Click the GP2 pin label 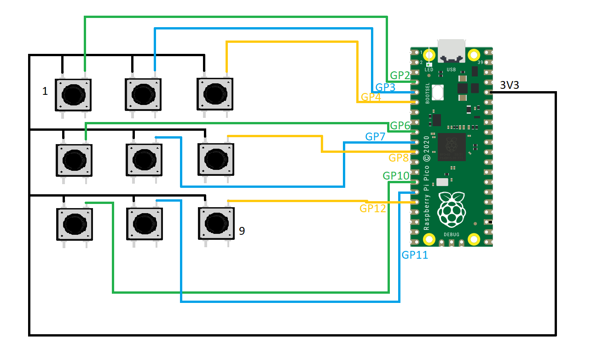click(400, 75)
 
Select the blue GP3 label click(385, 87)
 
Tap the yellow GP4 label click(371, 97)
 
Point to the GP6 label click(400, 126)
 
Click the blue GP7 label click(375, 137)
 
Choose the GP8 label click(399, 158)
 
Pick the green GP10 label click(395, 176)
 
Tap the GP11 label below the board click(415, 255)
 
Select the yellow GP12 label click(373, 208)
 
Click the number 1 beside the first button click(45, 92)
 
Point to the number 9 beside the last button click(242, 231)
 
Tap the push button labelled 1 click(73, 95)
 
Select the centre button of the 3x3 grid click(144, 160)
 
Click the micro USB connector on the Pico click(452, 51)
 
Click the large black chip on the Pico click(452, 146)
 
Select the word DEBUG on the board click(451, 234)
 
